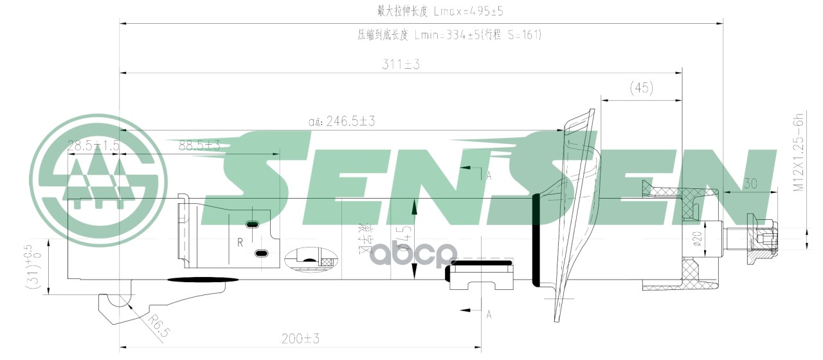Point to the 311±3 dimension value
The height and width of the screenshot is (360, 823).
(400, 64)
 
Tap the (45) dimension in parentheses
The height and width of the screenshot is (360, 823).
(641, 87)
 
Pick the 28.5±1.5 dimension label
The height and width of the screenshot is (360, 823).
(94, 146)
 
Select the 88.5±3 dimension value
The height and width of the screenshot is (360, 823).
(199, 146)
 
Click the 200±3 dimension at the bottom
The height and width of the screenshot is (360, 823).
(300, 338)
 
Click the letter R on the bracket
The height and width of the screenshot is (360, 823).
(239, 242)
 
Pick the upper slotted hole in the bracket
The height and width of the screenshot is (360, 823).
(252, 224)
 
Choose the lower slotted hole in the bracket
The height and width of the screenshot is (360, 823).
(261, 254)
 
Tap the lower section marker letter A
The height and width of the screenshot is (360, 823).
(489, 314)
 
